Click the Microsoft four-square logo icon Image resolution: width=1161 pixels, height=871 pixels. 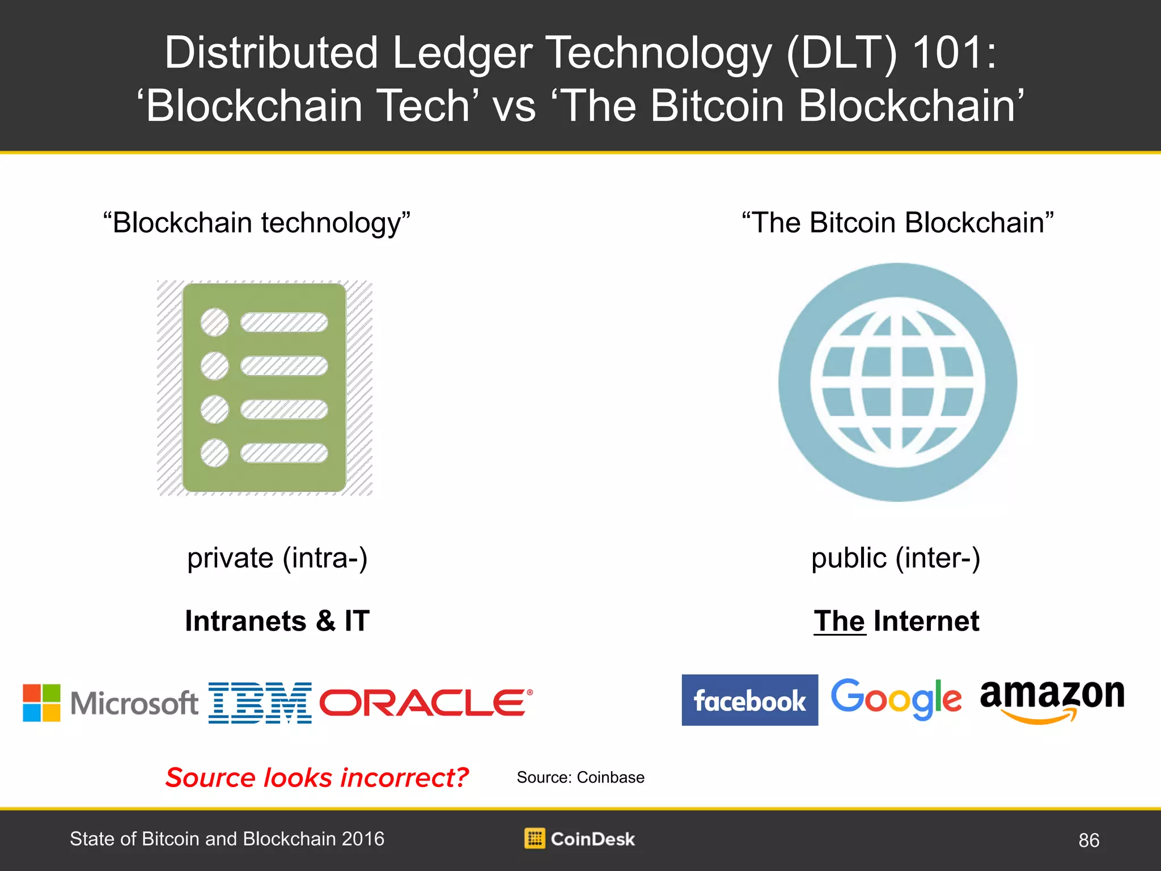(41, 703)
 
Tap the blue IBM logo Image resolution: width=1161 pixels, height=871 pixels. (260, 703)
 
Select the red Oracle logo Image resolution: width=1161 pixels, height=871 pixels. (426, 703)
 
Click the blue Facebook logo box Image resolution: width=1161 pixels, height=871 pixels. (749, 700)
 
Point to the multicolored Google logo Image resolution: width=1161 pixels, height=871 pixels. (896, 699)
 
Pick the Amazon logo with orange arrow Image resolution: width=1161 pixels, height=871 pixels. (1052, 701)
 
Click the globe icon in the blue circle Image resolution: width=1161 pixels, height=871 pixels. (897, 382)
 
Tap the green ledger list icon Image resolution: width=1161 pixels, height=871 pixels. (264, 388)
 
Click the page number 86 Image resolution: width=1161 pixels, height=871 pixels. (1088, 840)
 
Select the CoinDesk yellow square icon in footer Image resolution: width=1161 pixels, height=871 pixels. (535, 838)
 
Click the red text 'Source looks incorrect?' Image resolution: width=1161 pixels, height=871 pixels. (317, 777)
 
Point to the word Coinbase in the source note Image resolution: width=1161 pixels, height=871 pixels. (611, 777)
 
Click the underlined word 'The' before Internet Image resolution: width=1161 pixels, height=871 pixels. (840, 621)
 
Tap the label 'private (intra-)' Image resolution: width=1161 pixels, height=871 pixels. (277, 559)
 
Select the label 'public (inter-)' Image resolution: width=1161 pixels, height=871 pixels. (896, 559)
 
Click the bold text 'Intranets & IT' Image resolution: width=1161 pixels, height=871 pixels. (277, 621)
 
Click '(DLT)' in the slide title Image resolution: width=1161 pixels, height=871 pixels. (842, 53)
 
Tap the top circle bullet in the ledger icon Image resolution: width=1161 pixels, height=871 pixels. (215, 322)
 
